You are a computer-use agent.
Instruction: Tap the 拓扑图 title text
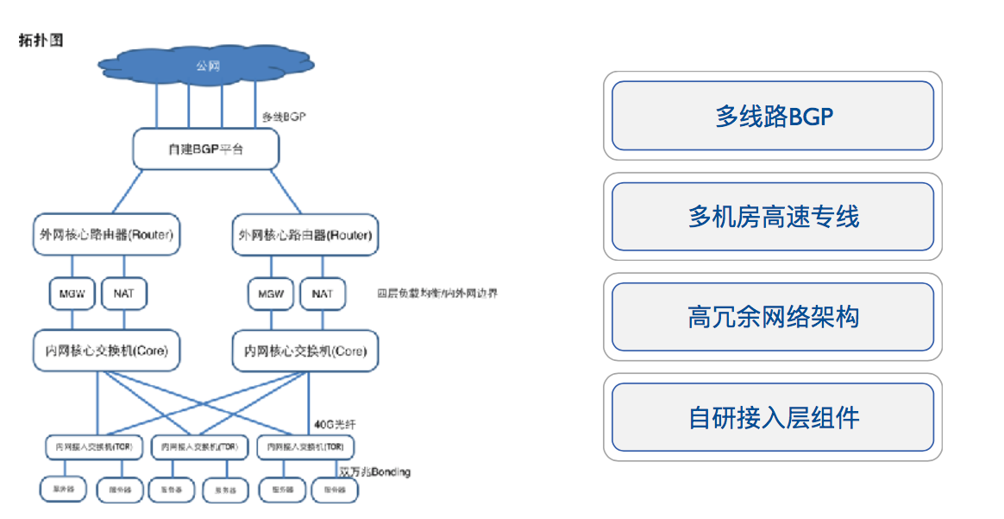pyautogui.click(x=41, y=41)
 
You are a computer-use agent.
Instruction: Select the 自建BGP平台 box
pyautogui.click(x=206, y=149)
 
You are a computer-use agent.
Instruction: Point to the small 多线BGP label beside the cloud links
pyautogui.click(x=284, y=116)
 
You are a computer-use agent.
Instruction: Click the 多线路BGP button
pyautogui.click(x=773, y=116)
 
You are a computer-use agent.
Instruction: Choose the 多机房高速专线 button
pyautogui.click(x=773, y=217)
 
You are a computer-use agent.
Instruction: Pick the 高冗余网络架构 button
pyautogui.click(x=773, y=317)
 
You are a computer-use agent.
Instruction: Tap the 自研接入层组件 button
pyautogui.click(x=773, y=418)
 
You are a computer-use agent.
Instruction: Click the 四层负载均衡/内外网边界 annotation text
pyautogui.click(x=436, y=294)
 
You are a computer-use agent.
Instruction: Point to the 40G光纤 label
pyautogui.click(x=336, y=425)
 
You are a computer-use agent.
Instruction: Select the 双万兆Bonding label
pyautogui.click(x=375, y=472)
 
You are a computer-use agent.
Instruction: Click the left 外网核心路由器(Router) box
pyautogui.click(x=106, y=235)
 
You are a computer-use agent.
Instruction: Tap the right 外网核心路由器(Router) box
pyautogui.click(x=305, y=235)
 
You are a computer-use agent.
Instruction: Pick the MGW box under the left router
pyautogui.click(x=72, y=294)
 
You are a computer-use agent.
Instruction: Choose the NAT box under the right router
pyautogui.click(x=322, y=294)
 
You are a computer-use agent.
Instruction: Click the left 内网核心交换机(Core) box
pyautogui.click(x=106, y=351)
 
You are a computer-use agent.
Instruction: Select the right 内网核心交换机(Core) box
pyautogui.click(x=305, y=351)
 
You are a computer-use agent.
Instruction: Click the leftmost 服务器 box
pyautogui.click(x=63, y=490)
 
